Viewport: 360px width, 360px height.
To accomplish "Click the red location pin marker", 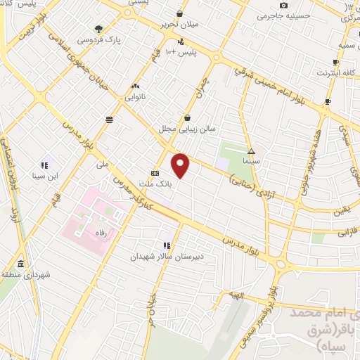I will tap(181, 165).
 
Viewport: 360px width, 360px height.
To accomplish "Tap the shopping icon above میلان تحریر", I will tap(181, 13).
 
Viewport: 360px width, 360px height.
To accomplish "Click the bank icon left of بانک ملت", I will tap(155, 173).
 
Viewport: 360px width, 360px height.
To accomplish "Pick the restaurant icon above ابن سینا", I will tap(44, 165).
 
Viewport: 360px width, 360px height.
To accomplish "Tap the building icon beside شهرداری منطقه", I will tap(20, 264).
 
